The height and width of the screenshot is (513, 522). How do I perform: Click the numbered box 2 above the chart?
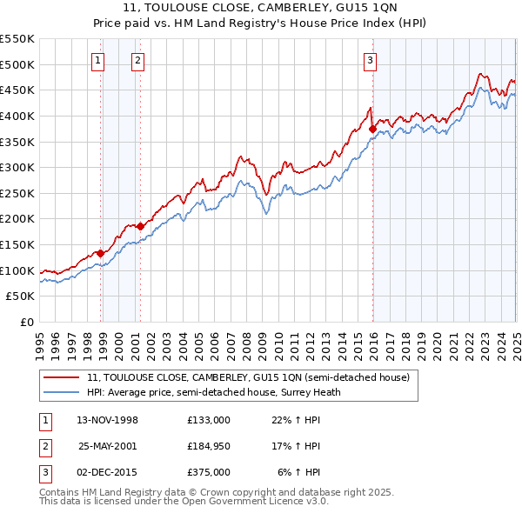tap(137, 61)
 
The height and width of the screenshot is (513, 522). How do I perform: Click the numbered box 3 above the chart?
tap(370, 61)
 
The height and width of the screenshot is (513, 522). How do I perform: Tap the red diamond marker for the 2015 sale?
tap(372, 129)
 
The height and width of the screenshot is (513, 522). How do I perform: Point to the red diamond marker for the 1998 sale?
tap(101, 253)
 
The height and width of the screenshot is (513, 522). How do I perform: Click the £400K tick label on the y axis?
tap(17, 116)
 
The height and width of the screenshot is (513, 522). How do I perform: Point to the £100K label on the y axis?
tap(17, 270)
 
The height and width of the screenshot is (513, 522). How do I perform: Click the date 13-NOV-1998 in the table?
tap(107, 420)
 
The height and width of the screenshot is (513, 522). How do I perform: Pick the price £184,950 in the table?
tap(208, 446)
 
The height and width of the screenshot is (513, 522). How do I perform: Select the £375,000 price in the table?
tap(208, 472)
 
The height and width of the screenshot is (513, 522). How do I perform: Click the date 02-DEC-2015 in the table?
tap(107, 472)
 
